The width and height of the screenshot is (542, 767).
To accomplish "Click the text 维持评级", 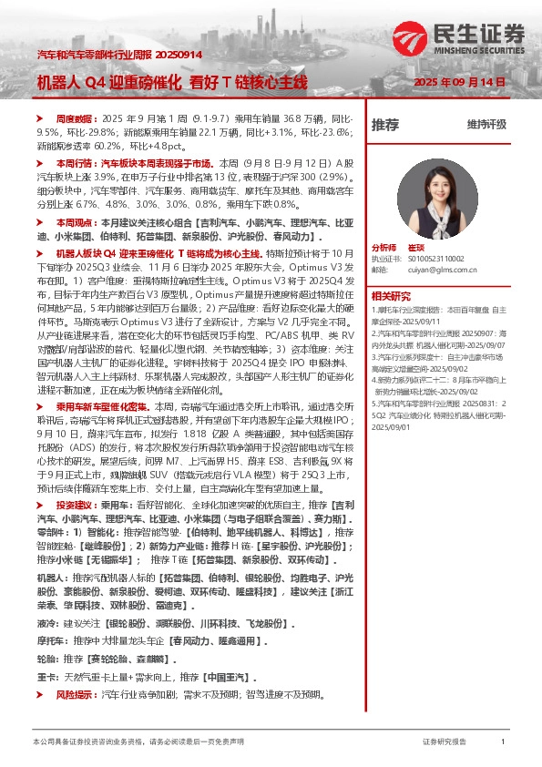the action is tap(485, 124).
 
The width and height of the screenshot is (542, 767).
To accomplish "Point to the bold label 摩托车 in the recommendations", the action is tap(48, 639).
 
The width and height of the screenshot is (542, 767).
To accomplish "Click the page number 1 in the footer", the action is tap(502, 742).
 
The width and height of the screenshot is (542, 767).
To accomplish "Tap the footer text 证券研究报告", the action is tap(445, 742).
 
